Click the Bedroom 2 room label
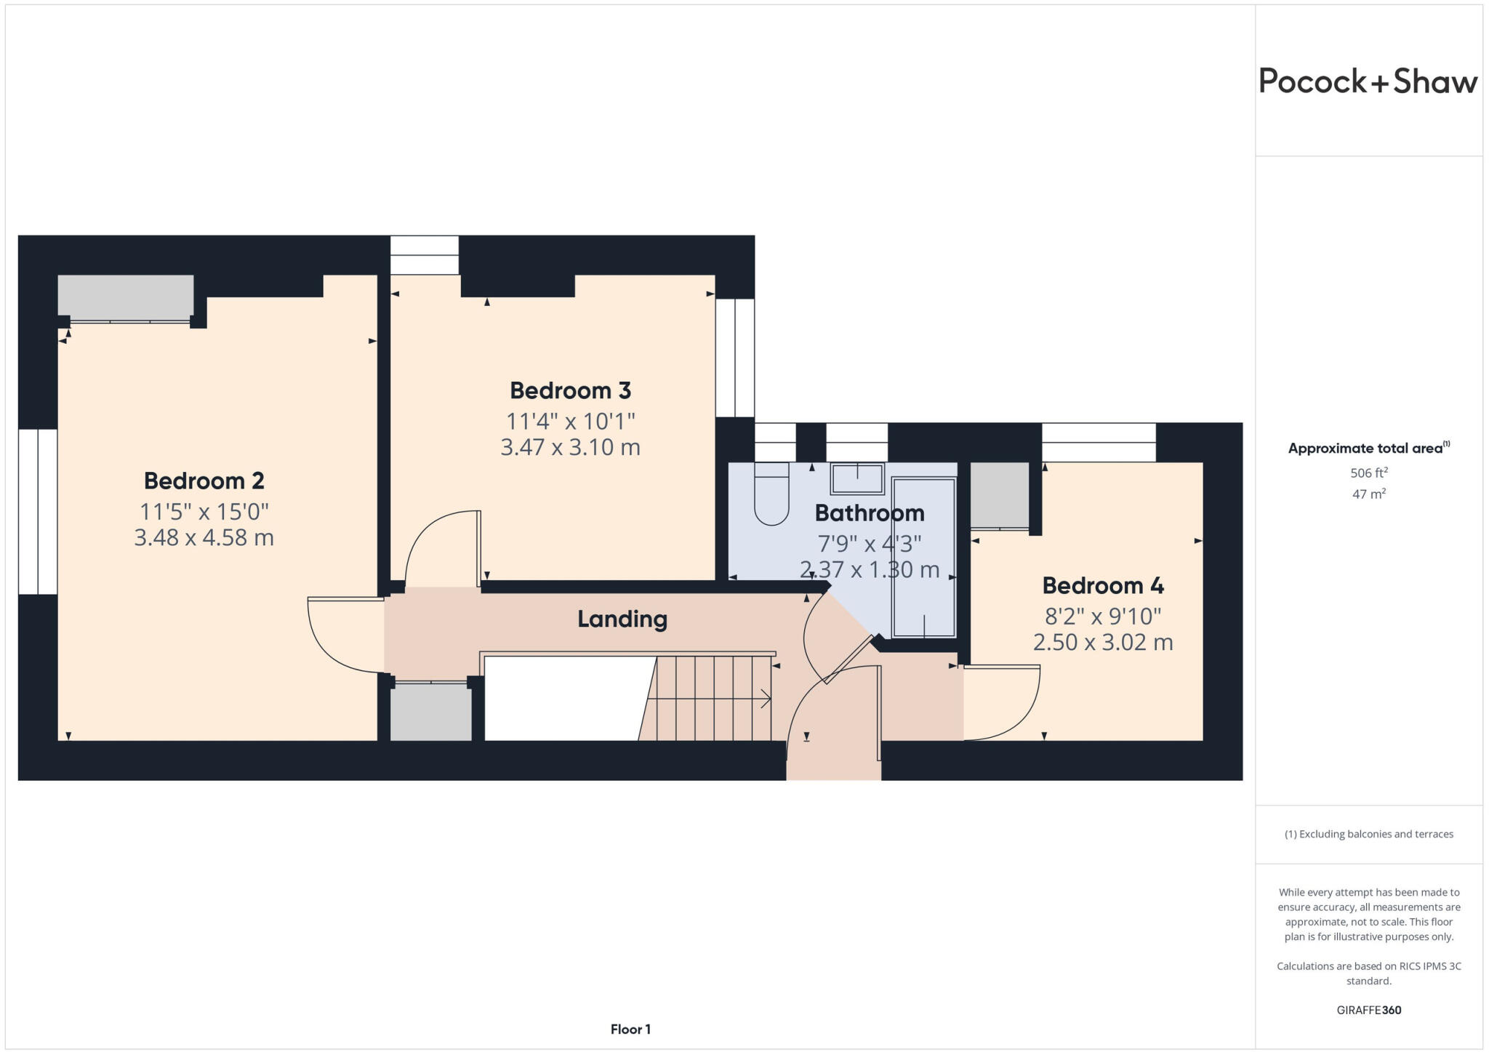pyautogui.click(x=204, y=481)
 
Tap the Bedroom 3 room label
pyautogui.click(x=570, y=390)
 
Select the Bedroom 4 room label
pyautogui.click(x=1102, y=585)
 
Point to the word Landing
pyautogui.click(x=622, y=619)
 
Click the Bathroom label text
pyautogui.click(x=869, y=513)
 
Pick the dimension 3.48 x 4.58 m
pyautogui.click(x=204, y=538)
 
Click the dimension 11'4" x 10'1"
pyautogui.click(x=570, y=421)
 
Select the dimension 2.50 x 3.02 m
pyautogui.click(x=1102, y=643)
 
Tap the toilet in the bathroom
pyautogui.click(x=771, y=494)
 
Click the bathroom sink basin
pyautogui.click(x=857, y=479)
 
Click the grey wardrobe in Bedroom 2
pyautogui.click(x=125, y=297)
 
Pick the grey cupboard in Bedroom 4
pyautogui.click(x=999, y=494)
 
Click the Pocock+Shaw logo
pyautogui.click(x=1368, y=81)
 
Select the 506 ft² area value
pyautogui.click(x=1368, y=473)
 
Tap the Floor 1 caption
pyautogui.click(x=630, y=1029)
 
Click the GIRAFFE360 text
pyautogui.click(x=1368, y=1010)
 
